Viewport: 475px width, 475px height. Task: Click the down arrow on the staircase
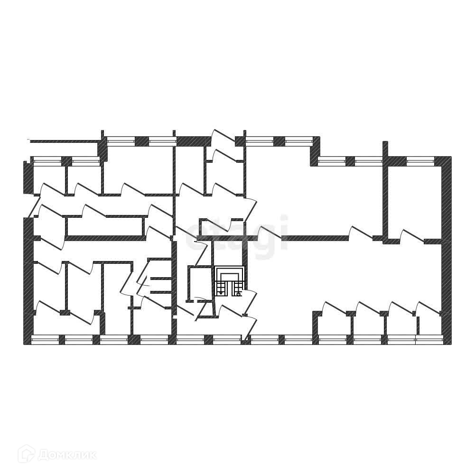click(x=221, y=291)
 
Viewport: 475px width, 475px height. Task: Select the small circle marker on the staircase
click(x=238, y=294)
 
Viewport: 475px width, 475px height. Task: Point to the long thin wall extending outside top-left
click(x=64, y=141)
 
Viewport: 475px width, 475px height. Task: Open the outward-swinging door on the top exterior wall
click(x=223, y=136)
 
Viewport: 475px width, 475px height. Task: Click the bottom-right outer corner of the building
click(x=450, y=343)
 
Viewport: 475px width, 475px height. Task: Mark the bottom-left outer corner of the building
click(x=25, y=343)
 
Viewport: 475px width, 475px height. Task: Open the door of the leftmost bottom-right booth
click(x=334, y=307)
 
